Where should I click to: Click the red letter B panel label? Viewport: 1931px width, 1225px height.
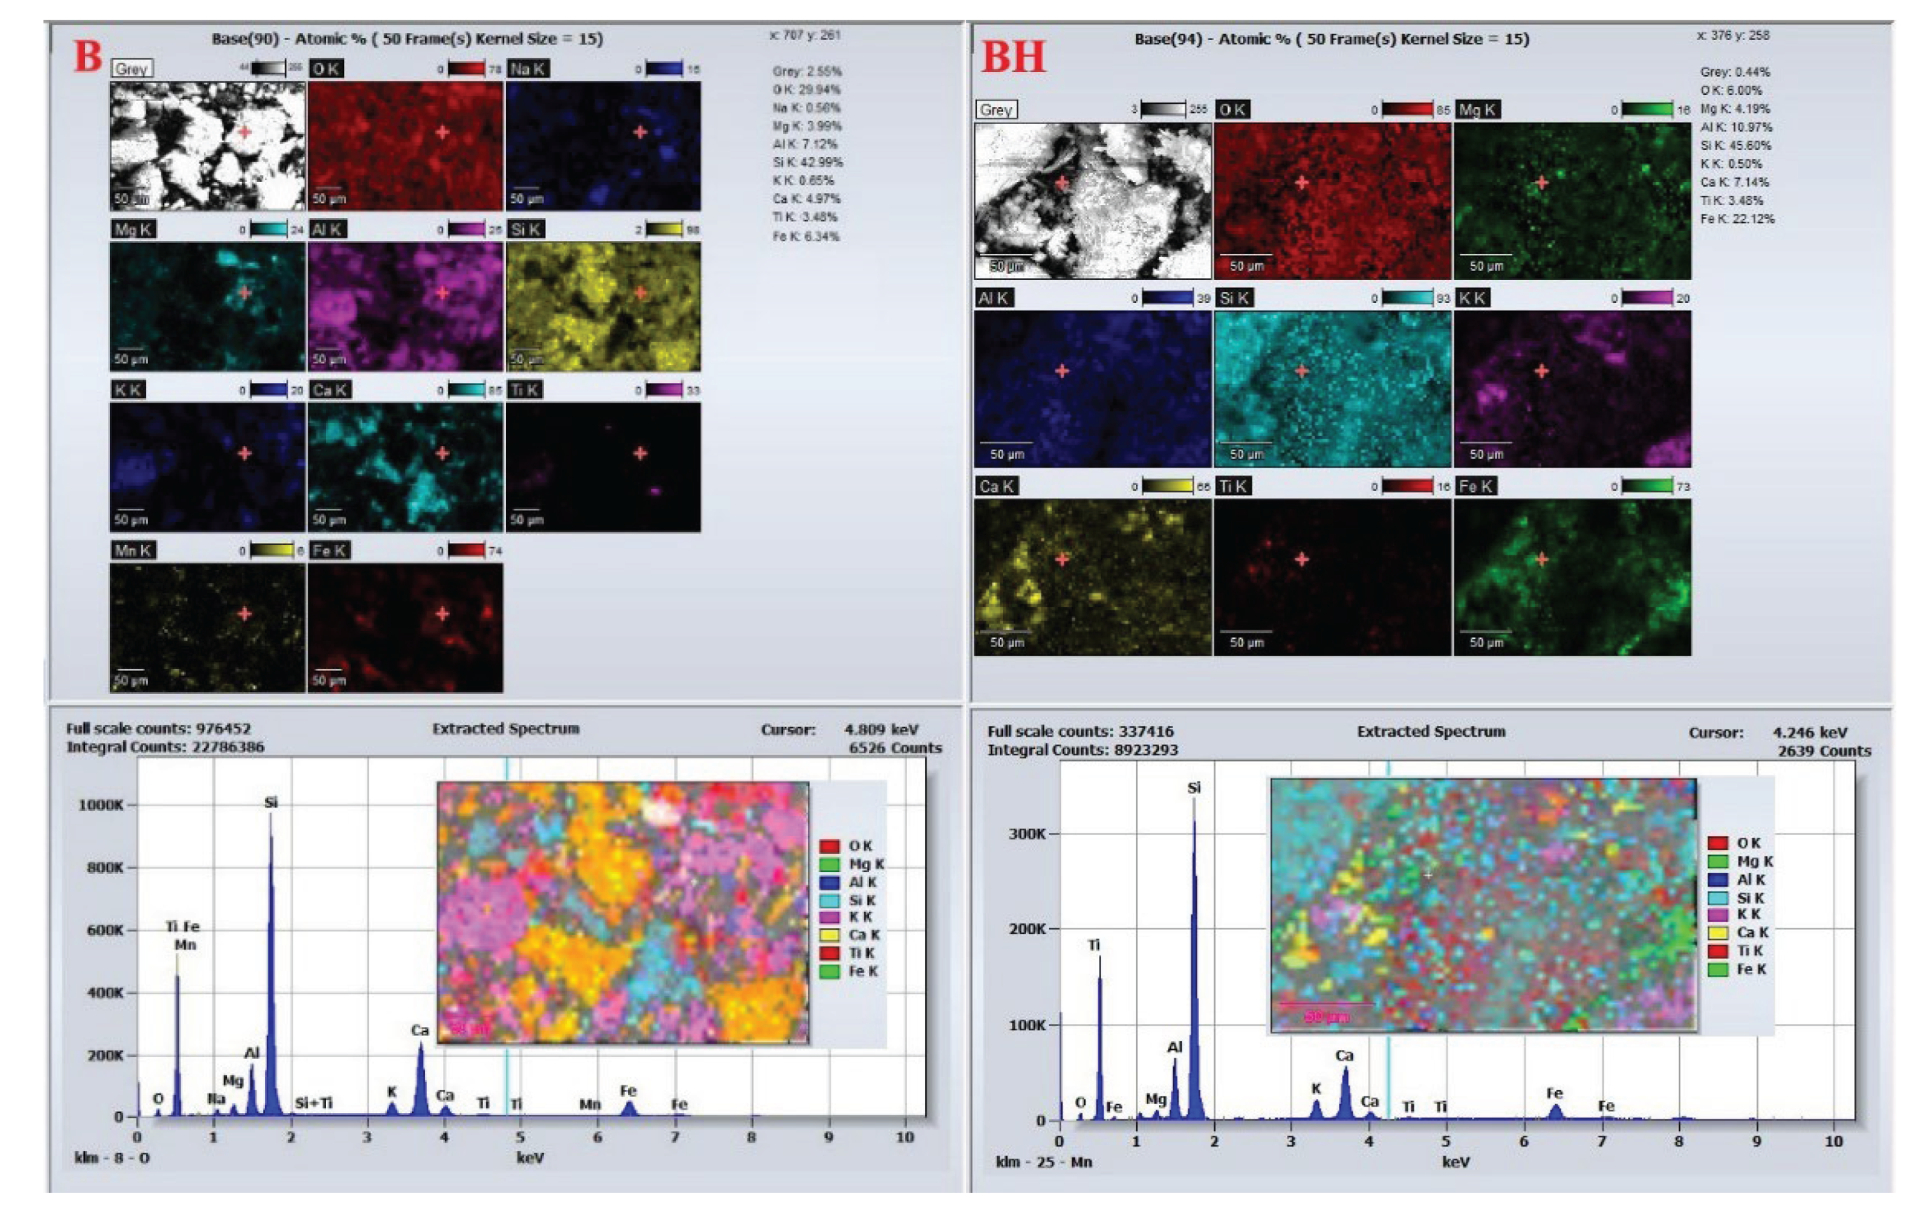point(88,56)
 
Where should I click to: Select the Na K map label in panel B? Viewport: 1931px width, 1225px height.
point(528,69)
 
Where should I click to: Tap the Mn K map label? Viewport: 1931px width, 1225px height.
point(133,550)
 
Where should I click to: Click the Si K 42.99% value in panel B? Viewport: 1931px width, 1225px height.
point(807,162)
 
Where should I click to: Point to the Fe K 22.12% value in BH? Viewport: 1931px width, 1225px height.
point(1737,219)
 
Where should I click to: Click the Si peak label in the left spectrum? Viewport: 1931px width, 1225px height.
point(271,802)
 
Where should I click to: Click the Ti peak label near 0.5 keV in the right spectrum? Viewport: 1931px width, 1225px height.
point(1094,945)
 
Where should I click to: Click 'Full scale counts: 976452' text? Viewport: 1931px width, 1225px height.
point(158,728)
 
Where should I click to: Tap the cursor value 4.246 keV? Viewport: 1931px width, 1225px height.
point(1810,733)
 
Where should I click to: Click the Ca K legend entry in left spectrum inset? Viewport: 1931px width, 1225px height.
point(864,934)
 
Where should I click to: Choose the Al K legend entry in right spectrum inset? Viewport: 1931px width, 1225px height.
point(1750,879)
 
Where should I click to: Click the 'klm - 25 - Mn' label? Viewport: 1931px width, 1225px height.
point(1043,1161)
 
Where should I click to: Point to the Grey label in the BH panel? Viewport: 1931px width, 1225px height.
point(996,110)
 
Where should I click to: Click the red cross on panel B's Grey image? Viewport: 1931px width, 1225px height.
point(245,132)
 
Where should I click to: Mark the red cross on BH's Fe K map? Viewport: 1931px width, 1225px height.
point(1541,559)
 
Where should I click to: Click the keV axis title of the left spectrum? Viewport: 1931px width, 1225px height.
point(530,1158)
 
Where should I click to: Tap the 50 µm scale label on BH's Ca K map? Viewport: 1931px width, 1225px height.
point(1006,642)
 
